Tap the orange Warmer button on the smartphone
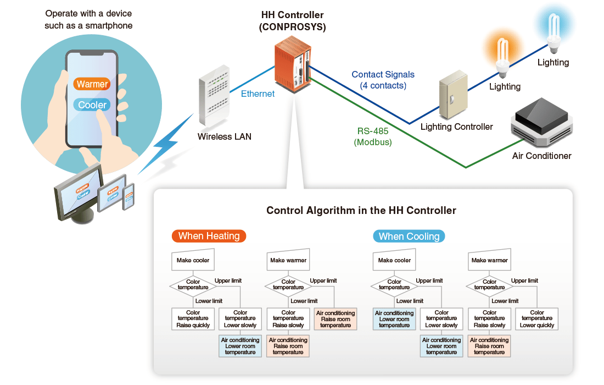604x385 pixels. tap(92, 84)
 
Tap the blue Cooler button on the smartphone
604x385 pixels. tap(92, 105)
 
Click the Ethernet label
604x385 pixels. tap(258, 94)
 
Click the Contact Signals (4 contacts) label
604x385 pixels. tap(383, 80)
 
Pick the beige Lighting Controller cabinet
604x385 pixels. tap(453, 97)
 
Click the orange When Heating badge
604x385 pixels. tap(209, 236)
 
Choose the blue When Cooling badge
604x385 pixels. tap(409, 237)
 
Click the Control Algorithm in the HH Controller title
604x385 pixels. tap(361, 210)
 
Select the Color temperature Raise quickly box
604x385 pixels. tap(193, 319)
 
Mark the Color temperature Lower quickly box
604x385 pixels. tap(537, 319)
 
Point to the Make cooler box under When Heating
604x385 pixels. tap(193, 260)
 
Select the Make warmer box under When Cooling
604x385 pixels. tap(490, 260)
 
